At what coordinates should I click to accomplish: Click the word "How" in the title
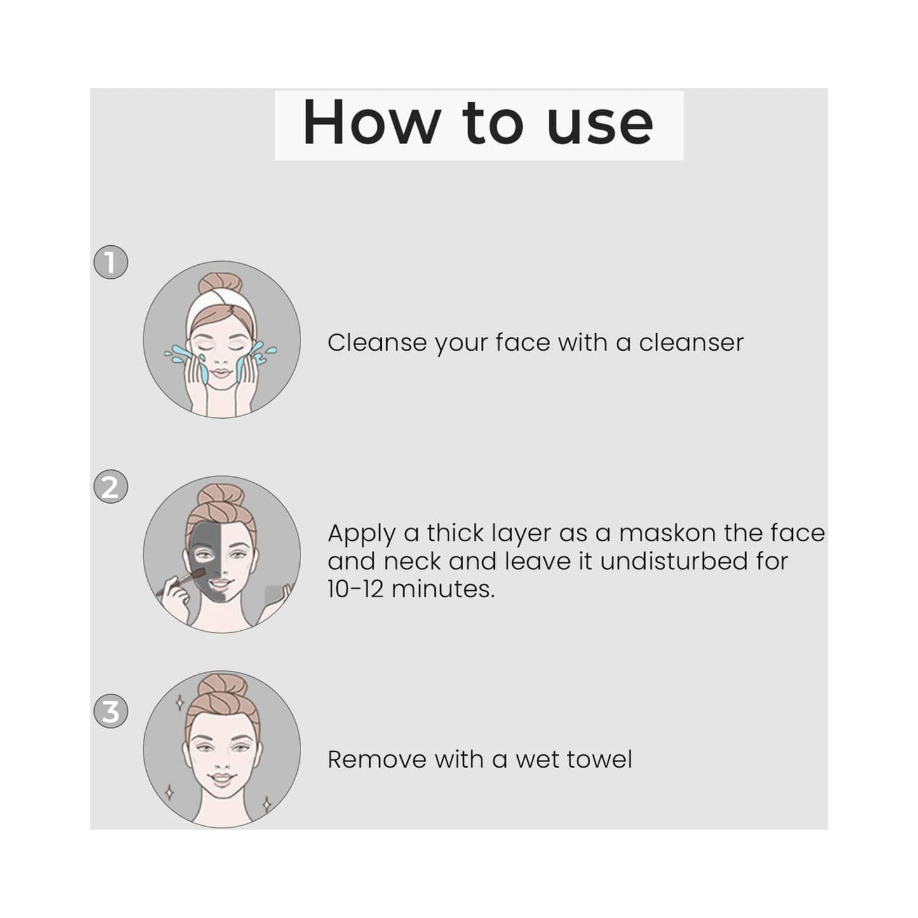pyautogui.click(x=370, y=122)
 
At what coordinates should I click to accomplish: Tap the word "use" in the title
pyautogui.click(x=600, y=126)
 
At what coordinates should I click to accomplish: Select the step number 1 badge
pyautogui.click(x=111, y=262)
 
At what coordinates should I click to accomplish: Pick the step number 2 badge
pyautogui.click(x=111, y=487)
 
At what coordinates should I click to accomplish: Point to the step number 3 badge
pyautogui.click(x=111, y=712)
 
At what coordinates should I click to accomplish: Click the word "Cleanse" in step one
pyautogui.click(x=377, y=342)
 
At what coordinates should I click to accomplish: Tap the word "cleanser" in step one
pyautogui.click(x=691, y=342)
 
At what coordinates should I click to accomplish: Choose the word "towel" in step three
pyautogui.click(x=602, y=759)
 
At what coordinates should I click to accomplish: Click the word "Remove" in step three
pyautogui.click(x=377, y=759)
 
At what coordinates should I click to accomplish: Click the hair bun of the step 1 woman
pyautogui.click(x=220, y=283)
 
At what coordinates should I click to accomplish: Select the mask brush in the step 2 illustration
pyautogui.click(x=181, y=581)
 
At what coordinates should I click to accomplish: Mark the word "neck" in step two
pyautogui.click(x=412, y=561)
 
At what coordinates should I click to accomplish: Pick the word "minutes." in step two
pyautogui.click(x=443, y=589)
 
